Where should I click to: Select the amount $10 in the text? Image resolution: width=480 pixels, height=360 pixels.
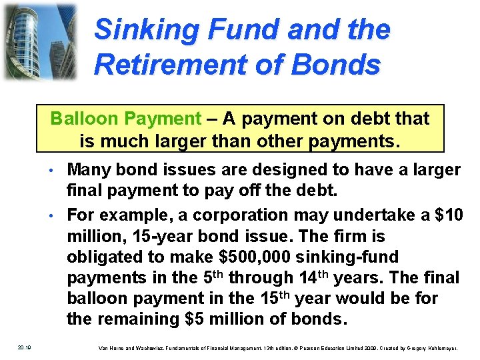[x=447, y=215]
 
